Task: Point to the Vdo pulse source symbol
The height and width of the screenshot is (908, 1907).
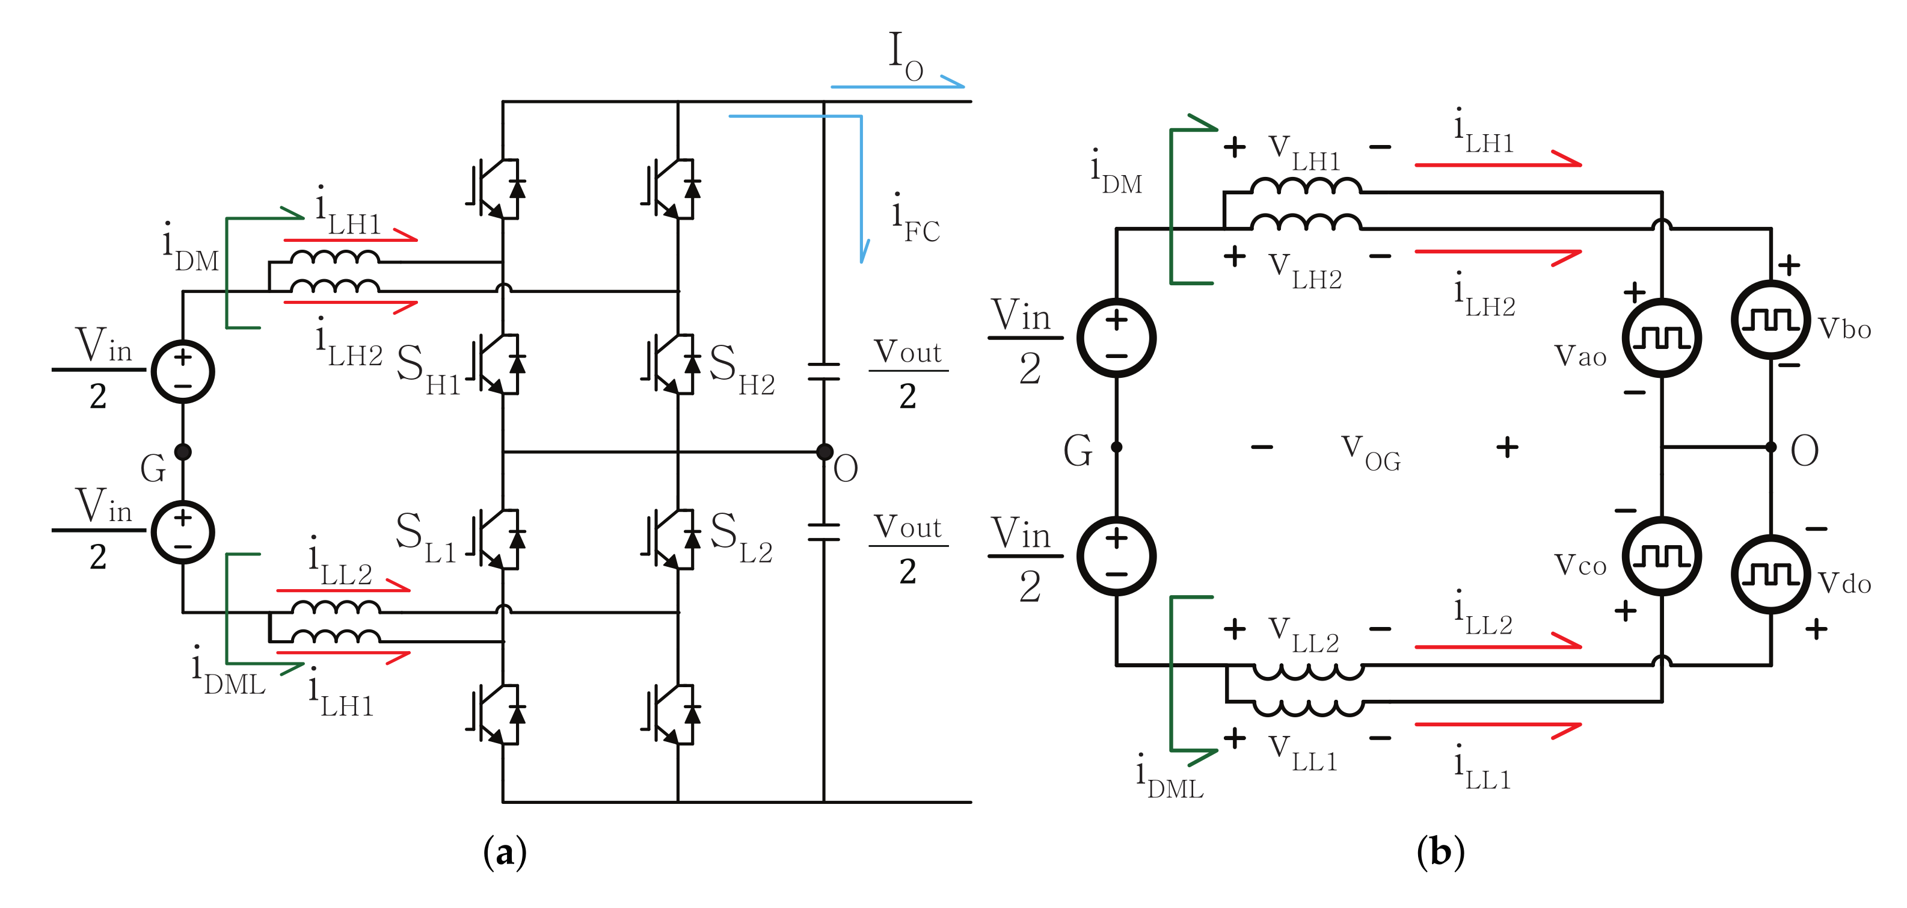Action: tap(1770, 574)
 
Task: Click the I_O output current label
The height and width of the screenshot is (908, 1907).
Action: tap(904, 55)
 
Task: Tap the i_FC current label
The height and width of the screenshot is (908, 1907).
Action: tap(915, 219)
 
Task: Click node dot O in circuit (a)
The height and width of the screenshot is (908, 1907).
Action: tap(824, 451)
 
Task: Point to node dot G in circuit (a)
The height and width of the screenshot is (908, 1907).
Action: tap(183, 451)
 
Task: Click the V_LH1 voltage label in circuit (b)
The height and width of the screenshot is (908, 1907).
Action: tap(1303, 152)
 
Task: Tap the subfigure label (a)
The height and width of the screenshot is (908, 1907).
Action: tap(505, 851)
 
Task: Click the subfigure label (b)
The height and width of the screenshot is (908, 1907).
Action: tap(1440, 851)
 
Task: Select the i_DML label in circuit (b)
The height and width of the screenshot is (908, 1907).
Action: tap(1169, 776)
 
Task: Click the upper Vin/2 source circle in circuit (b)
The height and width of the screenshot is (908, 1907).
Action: tap(1116, 338)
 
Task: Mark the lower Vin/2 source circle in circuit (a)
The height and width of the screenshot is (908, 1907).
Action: tap(183, 532)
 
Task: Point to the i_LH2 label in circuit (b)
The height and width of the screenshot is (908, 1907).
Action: tap(1484, 296)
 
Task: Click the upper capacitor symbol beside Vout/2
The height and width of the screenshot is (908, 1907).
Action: tap(824, 371)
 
